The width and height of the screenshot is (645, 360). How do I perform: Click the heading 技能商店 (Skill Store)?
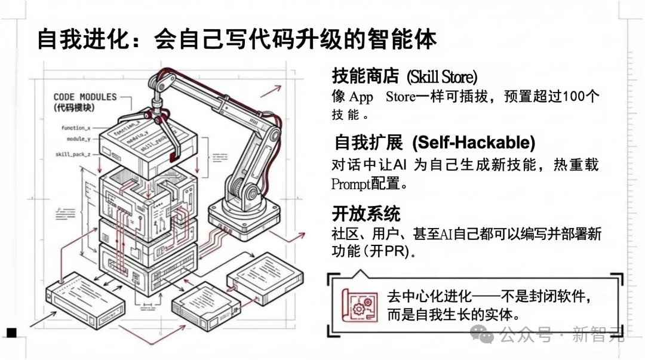coord(404,76)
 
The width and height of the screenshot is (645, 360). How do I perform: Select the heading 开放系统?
coord(366,213)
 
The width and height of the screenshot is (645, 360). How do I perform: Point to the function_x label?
coord(76,128)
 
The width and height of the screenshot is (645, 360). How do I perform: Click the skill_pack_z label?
coord(73,154)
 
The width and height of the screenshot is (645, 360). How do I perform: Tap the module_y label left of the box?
coord(78,139)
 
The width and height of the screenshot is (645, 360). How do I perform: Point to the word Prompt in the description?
coord(351,184)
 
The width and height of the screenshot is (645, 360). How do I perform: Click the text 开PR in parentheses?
coord(391,252)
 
